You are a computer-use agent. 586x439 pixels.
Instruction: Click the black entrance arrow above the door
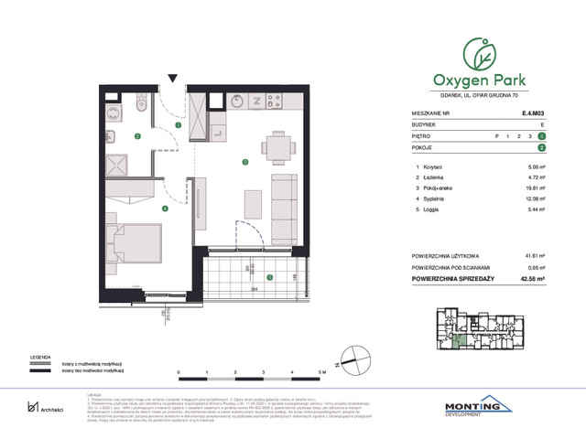(170, 80)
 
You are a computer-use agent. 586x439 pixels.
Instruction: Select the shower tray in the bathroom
(119, 165)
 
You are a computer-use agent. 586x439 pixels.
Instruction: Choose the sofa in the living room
(287, 203)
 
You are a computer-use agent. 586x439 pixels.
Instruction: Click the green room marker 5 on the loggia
(269, 277)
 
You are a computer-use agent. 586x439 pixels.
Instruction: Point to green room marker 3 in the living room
(244, 163)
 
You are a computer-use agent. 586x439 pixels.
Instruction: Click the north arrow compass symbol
(349, 359)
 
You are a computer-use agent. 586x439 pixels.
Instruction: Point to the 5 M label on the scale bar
(320, 373)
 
